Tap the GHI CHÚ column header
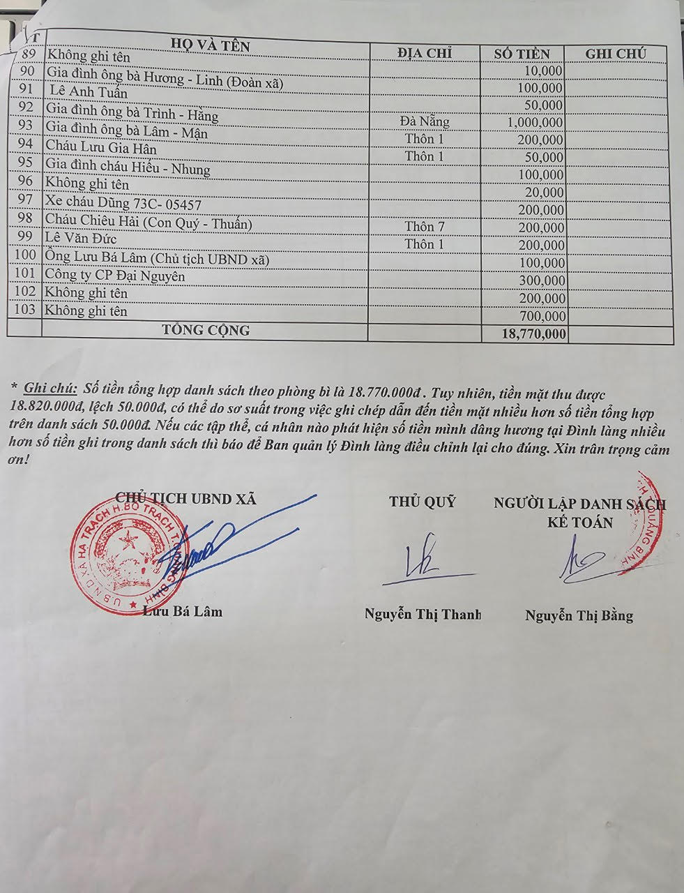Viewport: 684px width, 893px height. point(615,54)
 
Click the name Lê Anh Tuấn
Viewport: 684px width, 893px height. point(89,92)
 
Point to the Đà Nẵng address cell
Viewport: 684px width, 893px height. point(425,121)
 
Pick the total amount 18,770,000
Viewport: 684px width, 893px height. point(533,335)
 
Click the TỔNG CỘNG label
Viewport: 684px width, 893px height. point(206,330)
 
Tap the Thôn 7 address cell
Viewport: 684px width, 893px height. point(425,227)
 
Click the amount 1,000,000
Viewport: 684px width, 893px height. point(533,123)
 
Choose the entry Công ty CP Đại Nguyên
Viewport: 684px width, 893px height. point(115,276)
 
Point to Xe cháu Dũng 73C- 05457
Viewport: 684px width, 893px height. point(123,203)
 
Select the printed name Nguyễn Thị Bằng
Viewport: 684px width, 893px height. point(579,615)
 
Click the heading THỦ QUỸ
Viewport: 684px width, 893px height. point(423,502)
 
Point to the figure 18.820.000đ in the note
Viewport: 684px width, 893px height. point(47,406)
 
